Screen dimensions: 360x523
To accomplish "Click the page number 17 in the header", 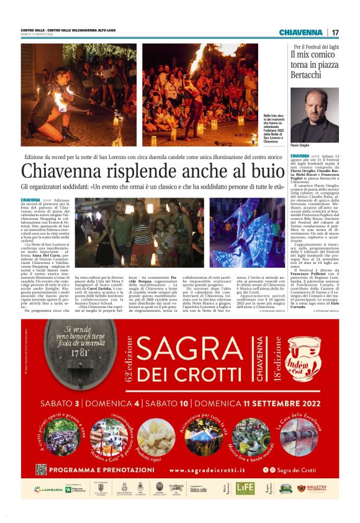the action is pos(335,32).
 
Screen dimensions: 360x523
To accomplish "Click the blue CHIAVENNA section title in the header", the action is pos(300,32).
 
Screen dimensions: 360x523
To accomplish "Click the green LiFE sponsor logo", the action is pos(245,488).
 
